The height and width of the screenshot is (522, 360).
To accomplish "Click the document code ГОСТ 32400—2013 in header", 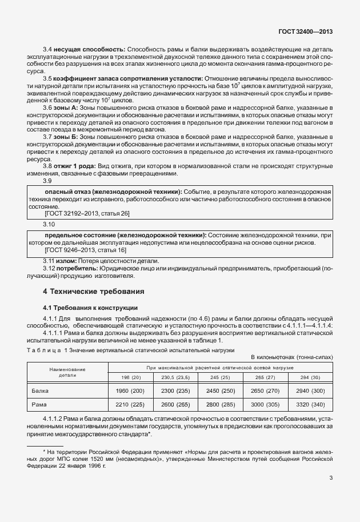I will pyautogui.click(x=305, y=33).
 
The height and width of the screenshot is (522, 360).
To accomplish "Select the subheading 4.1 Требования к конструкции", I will pyautogui.click(x=90, y=308).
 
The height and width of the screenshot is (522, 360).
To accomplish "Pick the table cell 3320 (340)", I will pyautogui.click(x=309, y=404).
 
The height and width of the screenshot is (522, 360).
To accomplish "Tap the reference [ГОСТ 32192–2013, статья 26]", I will pyautogui.click(x=87, y=213).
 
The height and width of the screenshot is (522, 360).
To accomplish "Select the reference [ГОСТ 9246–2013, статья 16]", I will pyautogui.click(x=85, y=250).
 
